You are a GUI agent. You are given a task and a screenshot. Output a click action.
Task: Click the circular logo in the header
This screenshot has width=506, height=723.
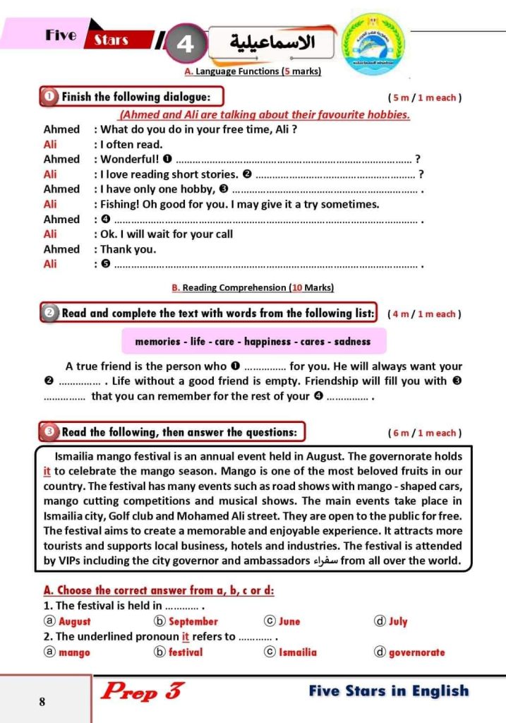(x=373, y=42)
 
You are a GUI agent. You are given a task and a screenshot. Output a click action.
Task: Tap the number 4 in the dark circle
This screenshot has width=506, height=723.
(x=186, y=44)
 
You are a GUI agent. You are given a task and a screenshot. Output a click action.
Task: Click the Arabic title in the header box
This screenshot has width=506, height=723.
(x=272, y=42)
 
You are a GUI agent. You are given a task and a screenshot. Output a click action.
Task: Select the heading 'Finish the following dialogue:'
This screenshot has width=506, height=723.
(x=135, y=97)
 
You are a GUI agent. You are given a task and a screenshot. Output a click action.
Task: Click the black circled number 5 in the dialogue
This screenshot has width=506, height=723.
(x=107, y=265)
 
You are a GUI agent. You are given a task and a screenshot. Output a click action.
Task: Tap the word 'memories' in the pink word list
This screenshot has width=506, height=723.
(x=157, y=341)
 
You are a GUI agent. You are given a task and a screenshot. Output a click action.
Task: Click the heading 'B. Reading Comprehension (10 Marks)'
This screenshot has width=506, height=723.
(x=253, y=287)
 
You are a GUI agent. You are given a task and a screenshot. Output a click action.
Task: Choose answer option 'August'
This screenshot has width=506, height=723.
(x=74, y=621)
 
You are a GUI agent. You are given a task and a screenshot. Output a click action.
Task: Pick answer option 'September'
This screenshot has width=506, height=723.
(x=193, y=621)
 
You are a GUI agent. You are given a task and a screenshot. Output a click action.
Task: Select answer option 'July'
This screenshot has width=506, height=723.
(x=397, y=621)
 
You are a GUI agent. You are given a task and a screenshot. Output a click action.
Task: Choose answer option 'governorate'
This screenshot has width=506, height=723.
(x=416, y=652)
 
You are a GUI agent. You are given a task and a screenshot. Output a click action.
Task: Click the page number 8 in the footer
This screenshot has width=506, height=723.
(x=42, y=702)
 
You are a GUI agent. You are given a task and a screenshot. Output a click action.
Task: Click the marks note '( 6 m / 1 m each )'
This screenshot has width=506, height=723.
(x=425, y=433)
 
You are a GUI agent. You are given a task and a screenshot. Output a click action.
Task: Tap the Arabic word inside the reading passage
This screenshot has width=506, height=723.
(x=325, y=562)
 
